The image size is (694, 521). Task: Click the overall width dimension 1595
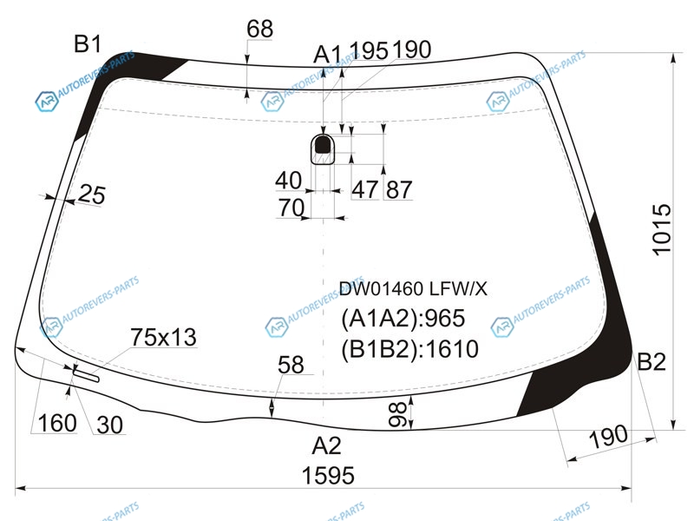coord(328,475)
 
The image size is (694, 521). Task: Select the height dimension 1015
coord(662,229)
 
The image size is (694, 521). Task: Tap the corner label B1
coord(88,44)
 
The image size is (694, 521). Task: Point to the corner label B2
coord(651,361)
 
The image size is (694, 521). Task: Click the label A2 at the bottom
coord(327,445)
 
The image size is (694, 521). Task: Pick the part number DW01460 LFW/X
coord(413,289)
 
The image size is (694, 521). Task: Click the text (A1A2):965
coord(403,318)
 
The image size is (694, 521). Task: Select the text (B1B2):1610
coord(409,349)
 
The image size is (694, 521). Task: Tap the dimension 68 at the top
coord(259,30)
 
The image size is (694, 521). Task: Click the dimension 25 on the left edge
coord(92,195)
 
